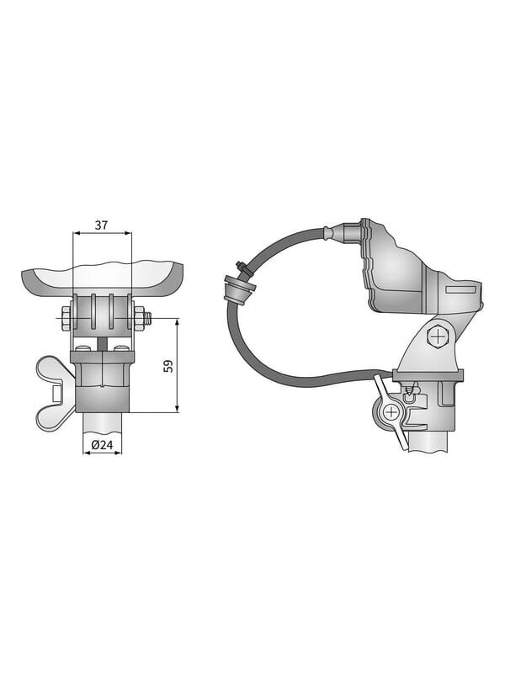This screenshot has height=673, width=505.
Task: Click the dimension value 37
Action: click(101, 225)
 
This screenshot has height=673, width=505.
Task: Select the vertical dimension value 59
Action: click(169, 366)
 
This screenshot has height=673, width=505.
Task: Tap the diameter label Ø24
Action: click(102, 445)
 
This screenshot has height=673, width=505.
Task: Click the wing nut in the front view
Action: click(55, 392)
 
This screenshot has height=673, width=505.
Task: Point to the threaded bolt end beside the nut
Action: click(148, 318)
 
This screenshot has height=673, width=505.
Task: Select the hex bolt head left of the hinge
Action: click(67, 318)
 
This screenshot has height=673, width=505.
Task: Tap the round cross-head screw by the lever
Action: click(391, 412)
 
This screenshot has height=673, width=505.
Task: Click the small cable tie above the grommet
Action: click(242, 268)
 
